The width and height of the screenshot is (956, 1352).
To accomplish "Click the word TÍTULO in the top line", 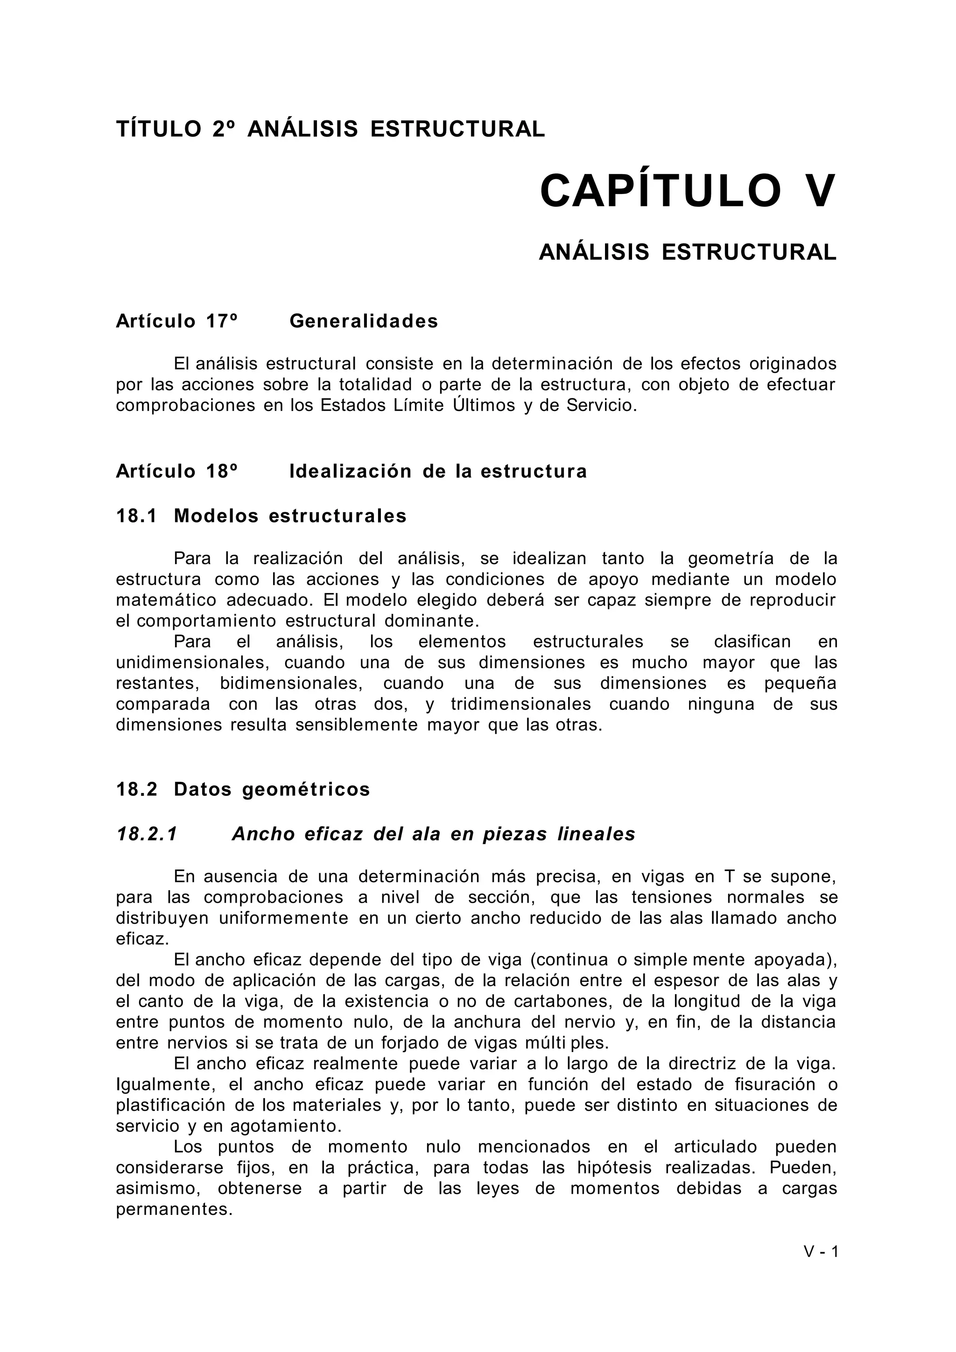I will [x=158, y=129].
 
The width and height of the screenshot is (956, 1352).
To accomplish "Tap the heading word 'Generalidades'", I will [x=364, y=321].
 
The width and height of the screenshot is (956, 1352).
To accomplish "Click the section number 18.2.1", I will [x=147, y=835].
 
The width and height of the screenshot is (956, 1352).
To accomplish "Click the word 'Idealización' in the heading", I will [x=350, y=472].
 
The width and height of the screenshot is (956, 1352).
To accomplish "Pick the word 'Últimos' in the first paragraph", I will [x=484, y=406].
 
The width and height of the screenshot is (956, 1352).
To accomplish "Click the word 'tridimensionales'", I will [x=520, y=704].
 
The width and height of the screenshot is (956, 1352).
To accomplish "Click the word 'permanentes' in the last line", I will [x=174, y=1210].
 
